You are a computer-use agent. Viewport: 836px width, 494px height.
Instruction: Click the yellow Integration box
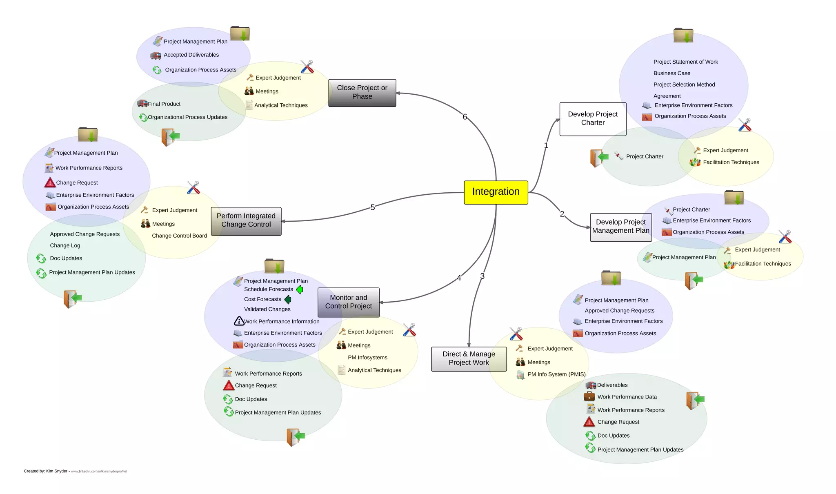496,192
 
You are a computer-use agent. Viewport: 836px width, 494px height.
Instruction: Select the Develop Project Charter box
592,119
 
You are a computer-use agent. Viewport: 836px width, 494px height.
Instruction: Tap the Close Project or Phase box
362,93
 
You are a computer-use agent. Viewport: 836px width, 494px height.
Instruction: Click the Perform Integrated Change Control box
246,221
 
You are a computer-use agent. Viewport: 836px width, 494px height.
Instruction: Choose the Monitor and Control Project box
348,302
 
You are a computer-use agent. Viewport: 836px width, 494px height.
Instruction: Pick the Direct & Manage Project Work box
469,358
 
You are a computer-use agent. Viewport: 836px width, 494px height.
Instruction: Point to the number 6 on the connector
465,117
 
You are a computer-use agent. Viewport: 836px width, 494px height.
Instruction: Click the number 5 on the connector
372,207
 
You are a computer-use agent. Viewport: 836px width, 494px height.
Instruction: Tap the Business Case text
671,73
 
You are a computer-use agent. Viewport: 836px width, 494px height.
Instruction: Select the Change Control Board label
179,236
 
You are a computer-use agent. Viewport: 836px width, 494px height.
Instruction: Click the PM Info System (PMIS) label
556,374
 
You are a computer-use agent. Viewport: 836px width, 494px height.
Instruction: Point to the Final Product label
164,104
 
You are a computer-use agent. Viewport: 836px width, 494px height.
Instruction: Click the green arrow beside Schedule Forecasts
300,289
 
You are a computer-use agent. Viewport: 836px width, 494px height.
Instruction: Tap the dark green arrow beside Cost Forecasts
288,300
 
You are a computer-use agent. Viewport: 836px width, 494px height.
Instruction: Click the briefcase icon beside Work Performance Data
589,396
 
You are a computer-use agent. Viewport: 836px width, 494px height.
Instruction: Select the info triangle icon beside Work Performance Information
239,321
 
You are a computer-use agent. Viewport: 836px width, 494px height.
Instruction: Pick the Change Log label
65,246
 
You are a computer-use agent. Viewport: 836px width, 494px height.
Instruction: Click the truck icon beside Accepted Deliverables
156,56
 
